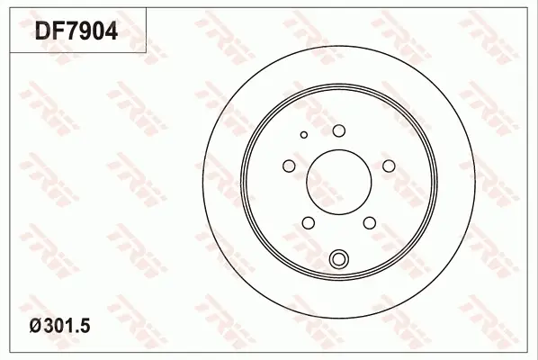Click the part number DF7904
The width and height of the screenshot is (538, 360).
[76, 31]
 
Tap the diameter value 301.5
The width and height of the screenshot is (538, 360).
[67, 326]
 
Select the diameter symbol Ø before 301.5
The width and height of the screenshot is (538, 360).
[36, 326]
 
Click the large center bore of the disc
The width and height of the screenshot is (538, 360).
[339, 182]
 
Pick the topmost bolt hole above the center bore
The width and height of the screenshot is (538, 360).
[339, 130]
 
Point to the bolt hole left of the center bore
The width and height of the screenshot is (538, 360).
[289, 166]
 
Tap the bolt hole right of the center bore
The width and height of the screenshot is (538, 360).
[389, 166]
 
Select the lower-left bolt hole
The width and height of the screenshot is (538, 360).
[309, 222]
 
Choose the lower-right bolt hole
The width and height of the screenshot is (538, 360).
[370, 222]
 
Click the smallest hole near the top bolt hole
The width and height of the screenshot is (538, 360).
[304, 134]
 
